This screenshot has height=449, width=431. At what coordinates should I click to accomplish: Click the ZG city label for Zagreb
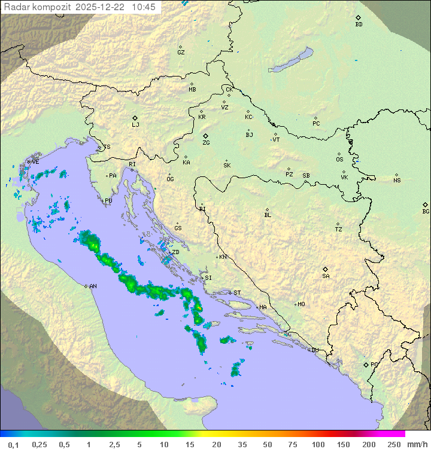[206, 143]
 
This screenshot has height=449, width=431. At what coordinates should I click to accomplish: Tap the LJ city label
[135, 125]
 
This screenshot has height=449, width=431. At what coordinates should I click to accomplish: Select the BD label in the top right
[359, 25]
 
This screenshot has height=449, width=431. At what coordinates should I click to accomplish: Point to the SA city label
[326, 276]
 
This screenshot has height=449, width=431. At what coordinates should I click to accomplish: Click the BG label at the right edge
[426, 212]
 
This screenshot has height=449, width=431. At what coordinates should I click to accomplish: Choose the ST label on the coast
[237, 293]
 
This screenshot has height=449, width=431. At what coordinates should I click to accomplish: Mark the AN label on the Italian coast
[93, 286]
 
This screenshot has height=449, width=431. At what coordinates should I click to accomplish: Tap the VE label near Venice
[35, 162]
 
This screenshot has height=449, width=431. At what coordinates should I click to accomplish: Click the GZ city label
[181, 53]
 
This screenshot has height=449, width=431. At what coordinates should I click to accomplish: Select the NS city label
[397, 181]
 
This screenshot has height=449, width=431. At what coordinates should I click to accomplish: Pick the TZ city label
[339, 230]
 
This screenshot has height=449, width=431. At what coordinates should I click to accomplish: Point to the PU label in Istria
[108, 201]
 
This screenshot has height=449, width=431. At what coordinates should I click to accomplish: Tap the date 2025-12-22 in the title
[101, 7]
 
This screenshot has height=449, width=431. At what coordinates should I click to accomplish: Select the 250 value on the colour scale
[393, 444]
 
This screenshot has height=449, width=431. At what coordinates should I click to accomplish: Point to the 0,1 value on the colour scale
[13, 444]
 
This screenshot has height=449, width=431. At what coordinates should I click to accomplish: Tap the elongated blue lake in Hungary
[292, 60]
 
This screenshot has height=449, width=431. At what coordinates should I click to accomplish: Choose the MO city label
[301, 304]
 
